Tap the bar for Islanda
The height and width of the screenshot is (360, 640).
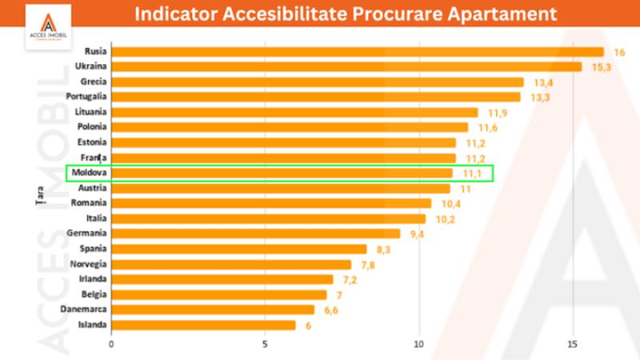(203, 325)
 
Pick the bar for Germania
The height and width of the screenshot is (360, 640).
(255, 234)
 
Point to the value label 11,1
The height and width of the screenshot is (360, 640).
(473, 173)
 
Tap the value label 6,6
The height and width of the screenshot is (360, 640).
(332, 310)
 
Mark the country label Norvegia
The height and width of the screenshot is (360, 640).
(88, 264)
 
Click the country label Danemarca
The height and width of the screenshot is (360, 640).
(84, 310)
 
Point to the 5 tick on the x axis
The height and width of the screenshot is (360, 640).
(265, 345)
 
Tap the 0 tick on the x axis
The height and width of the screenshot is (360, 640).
(111, 345)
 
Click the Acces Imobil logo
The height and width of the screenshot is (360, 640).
(48, 28)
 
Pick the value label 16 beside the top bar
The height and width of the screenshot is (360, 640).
(619, 52)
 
